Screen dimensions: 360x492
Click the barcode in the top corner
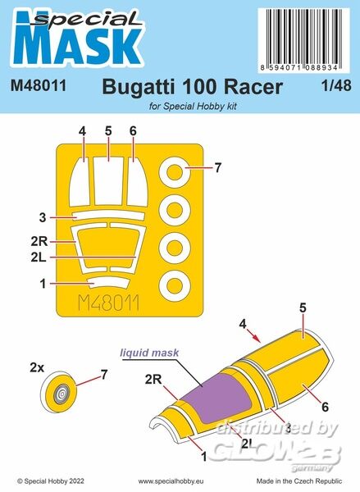click(303, 40)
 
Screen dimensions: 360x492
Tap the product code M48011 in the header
click(39, 85)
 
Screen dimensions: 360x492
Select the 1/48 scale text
click(336, 85)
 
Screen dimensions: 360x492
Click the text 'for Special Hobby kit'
click(193, 107)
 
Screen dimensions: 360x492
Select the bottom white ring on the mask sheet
click(175, 285)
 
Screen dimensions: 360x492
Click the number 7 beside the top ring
click(218, 168)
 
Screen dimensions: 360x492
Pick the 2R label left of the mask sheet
click(39, 242)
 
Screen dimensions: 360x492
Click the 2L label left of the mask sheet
click(39, 257)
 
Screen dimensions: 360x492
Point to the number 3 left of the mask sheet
click(43, 217)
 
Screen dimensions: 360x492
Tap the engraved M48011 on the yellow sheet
click(108, 303)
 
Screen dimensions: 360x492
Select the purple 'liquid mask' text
click(150, 353)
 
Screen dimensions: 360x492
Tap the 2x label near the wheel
click(37, 367)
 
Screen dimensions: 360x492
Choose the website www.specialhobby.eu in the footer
click(171, 481)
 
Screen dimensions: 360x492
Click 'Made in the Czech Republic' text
click(299, 481)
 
